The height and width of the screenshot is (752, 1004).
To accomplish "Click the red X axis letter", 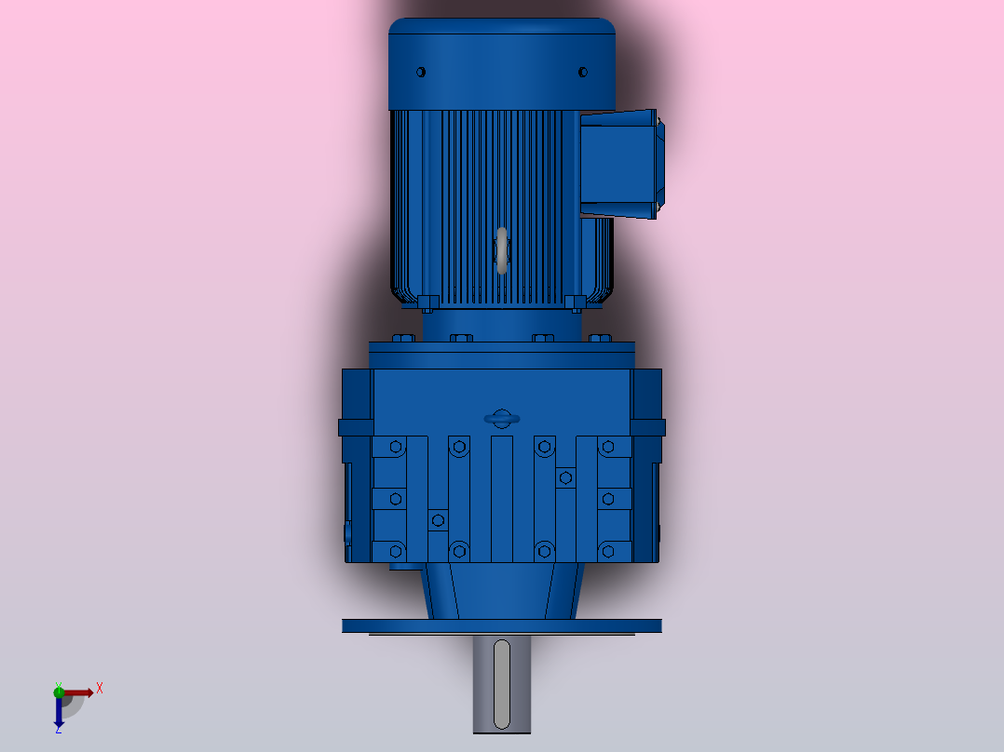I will coord(100,688).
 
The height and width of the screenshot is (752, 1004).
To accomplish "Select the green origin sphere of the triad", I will coord(59,691).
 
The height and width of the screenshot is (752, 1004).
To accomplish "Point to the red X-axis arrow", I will coord(80,692).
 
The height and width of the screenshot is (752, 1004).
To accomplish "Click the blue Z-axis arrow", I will coord(59,713).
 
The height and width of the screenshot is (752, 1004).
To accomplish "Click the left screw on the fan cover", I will coord(421,72).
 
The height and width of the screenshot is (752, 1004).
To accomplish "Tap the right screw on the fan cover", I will coord(583,72).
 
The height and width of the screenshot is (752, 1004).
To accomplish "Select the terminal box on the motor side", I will coord(621,165).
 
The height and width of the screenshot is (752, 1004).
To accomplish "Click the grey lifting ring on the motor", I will coord(502,251).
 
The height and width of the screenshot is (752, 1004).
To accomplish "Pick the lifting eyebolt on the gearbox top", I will coord(502,419).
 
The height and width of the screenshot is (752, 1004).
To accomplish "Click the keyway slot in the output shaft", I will coord(502,684).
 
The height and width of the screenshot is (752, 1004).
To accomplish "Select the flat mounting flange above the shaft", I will coord(501,625).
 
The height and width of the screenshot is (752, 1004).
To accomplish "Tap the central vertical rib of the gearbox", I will coord(502,498).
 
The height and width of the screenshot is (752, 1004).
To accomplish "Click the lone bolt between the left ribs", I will coord(439,519).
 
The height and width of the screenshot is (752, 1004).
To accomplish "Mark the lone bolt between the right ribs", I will coord(564,477).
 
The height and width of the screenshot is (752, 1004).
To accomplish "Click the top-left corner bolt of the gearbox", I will coord(396,448).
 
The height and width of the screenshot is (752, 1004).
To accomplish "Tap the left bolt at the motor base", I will coord(427,302).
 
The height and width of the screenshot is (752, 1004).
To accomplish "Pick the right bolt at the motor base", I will coord(575,302).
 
